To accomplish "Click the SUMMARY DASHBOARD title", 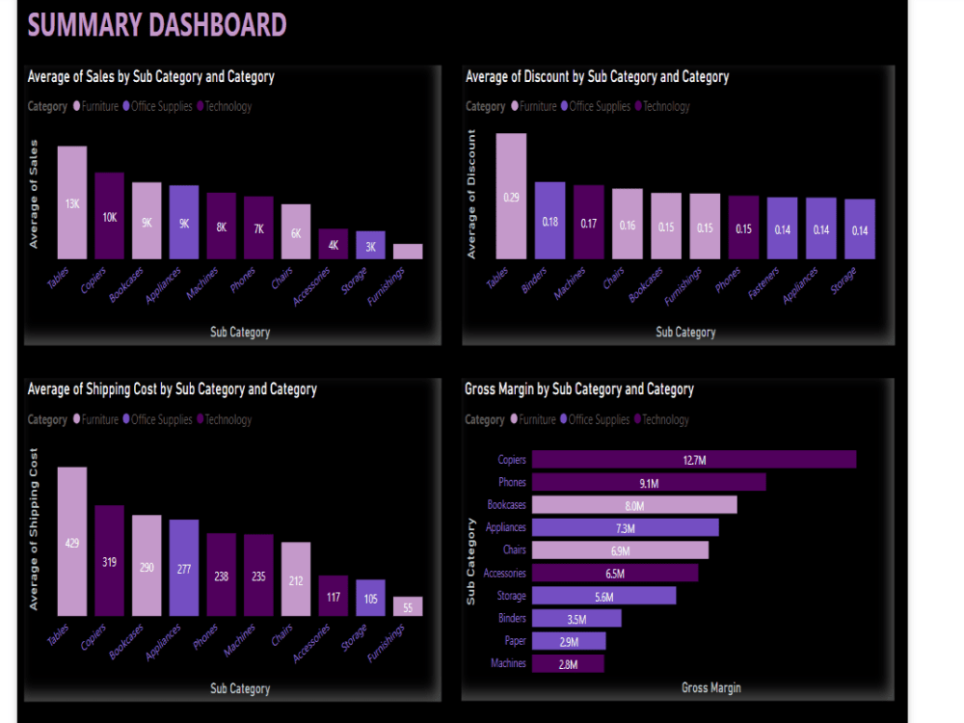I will pyautogui.click(x=157, y=24).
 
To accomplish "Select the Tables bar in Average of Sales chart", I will pyautogui.click(x=72, y=202).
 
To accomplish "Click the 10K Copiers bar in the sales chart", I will pyautogui.click(x=110, y=216).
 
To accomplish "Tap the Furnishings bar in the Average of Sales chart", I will pyautogui.click(x=408, y=251).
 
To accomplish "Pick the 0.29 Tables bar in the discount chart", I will pyautogui.click(x=511, y=197).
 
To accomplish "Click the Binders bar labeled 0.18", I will pyautogui.click(x=550, y=221).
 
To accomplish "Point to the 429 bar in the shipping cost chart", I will pyautogui.click(x=72, y=542).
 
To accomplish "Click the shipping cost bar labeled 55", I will pyautogui.click(x=408, y=606).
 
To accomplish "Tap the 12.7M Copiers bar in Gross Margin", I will pyautogui.click(x=694, y=460).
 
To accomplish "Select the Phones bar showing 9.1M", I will pyautogui.click(x=649, y=482).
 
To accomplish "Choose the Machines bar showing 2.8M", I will pyautogui.click(x=568, y=663).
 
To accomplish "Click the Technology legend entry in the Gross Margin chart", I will pyautogui.click(x=665, y=419).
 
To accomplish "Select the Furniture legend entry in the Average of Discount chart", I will pyautogui.click(x=537, y=106).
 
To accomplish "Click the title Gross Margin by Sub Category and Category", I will pyautogui.click(x=579, y=389).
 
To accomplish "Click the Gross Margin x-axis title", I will pyautogui.click(x=710, y=687).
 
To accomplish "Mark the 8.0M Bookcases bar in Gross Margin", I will pyautogui.click(x=634, y=505).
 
